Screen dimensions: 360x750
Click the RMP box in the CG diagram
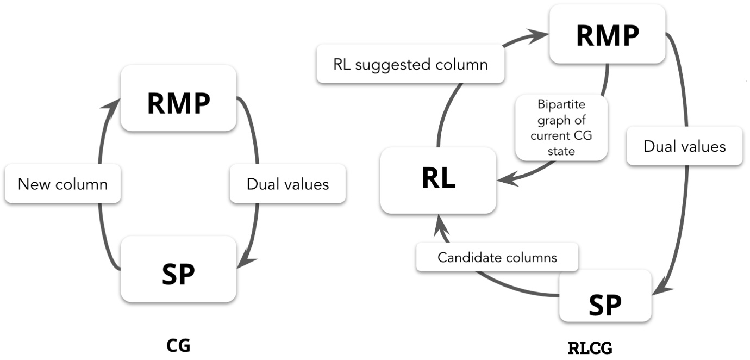(x=178, y=98)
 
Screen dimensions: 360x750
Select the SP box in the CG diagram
(x=178, y=269)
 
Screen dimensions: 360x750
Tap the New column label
(x=62, y=184)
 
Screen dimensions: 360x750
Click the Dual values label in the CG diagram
(x=287, y=184)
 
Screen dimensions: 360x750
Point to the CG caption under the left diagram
(x=178, y=345)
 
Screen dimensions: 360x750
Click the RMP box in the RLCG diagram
(x=607, y=34)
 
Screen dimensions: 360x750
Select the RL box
(x=438, y=180)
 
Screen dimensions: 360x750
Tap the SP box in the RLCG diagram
(x=605, y=296)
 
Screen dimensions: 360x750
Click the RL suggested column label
(x=410, y=64)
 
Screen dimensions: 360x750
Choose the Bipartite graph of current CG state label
(x=561, y=128)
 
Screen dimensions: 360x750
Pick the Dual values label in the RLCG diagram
(x=684, y=146)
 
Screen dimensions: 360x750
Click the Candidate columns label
(x=497, y=257)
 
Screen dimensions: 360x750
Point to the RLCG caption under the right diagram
(x=590, y=347)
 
